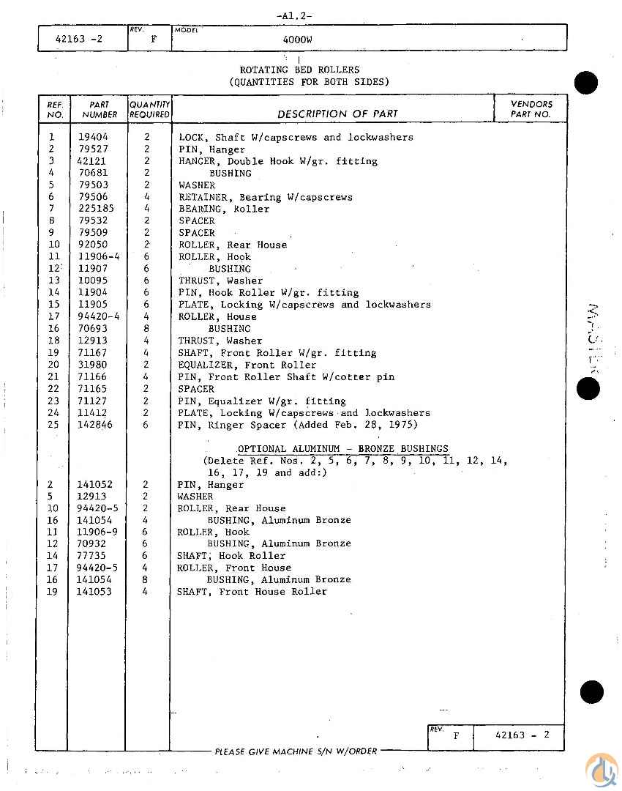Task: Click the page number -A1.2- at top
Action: pos(295,15)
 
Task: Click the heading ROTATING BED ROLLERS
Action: pos(299,70)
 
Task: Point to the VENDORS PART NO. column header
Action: pos(531,109)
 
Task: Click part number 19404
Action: pos(93,137)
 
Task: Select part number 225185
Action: pos(96,209)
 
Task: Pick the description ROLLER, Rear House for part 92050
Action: pos(233,245)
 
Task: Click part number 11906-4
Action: pos(98,256)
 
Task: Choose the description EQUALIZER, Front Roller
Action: pos(247,365)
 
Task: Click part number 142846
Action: pos(96,425)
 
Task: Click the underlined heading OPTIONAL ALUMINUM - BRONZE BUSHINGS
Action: pos(342,449)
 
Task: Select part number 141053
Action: pos(94,591)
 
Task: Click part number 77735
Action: pos(92,555)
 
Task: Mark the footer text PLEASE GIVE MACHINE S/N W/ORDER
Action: pos(296,751)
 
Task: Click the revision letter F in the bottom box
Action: pos(456,736)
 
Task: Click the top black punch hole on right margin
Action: pos(586,83)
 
